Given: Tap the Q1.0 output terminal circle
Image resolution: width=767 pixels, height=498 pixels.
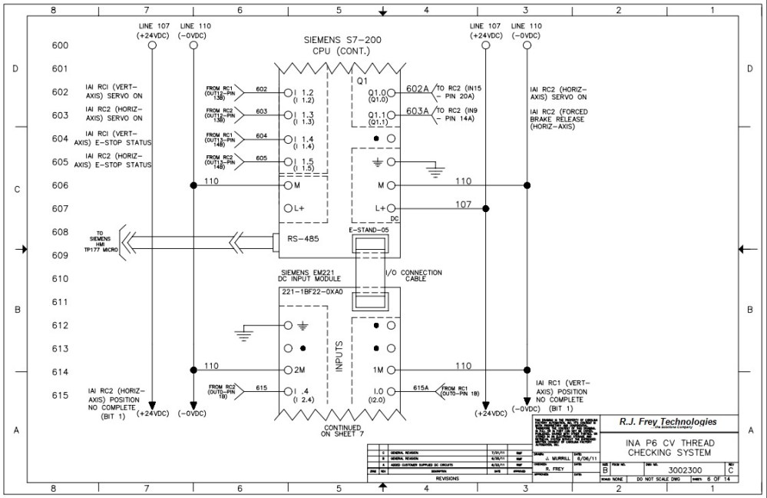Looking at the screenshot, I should (391, 92).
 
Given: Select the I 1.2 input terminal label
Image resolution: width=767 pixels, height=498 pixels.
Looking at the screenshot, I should (305, 92).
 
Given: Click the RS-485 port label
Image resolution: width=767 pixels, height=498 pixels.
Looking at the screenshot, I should (303, 239).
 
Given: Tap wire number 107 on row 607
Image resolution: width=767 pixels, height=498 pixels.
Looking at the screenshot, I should (463, 204).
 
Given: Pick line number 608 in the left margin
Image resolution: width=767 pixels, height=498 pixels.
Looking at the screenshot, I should (60, 231).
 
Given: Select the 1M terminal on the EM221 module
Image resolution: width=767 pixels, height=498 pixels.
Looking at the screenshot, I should (379, 370).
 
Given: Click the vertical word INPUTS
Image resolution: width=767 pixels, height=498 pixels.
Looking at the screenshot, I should (339, 358).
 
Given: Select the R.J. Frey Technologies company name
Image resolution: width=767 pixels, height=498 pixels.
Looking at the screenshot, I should (668, 422).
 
